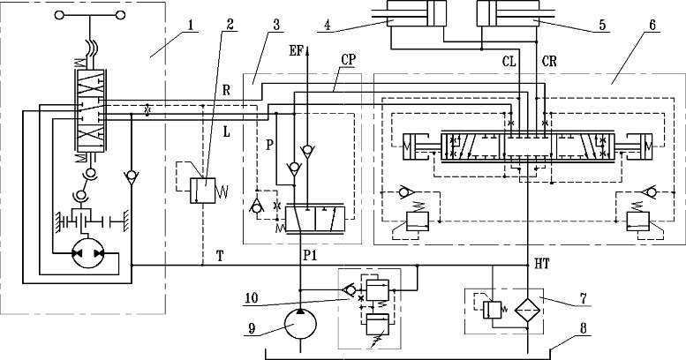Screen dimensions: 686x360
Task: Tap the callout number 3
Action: (275, 25)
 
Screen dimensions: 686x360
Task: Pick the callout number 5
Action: (602, 25)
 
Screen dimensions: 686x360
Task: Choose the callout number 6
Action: (652, 25)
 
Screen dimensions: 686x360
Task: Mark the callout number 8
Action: (583, 328)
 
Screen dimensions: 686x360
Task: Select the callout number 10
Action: (252, 298)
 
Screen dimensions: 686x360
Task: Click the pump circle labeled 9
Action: (300, 324)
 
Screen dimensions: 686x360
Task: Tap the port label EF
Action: (296, 51)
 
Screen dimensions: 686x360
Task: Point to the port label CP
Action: (349, 60)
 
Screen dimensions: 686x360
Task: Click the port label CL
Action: (509, 62)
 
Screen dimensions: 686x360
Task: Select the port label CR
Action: (549, 62)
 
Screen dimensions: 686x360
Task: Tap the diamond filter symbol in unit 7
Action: (528, 310)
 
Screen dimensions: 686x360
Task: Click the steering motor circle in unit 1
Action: (87, 254)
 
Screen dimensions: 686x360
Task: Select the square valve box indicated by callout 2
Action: (203, 191)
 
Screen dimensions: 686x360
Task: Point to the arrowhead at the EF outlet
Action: (307, 51)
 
